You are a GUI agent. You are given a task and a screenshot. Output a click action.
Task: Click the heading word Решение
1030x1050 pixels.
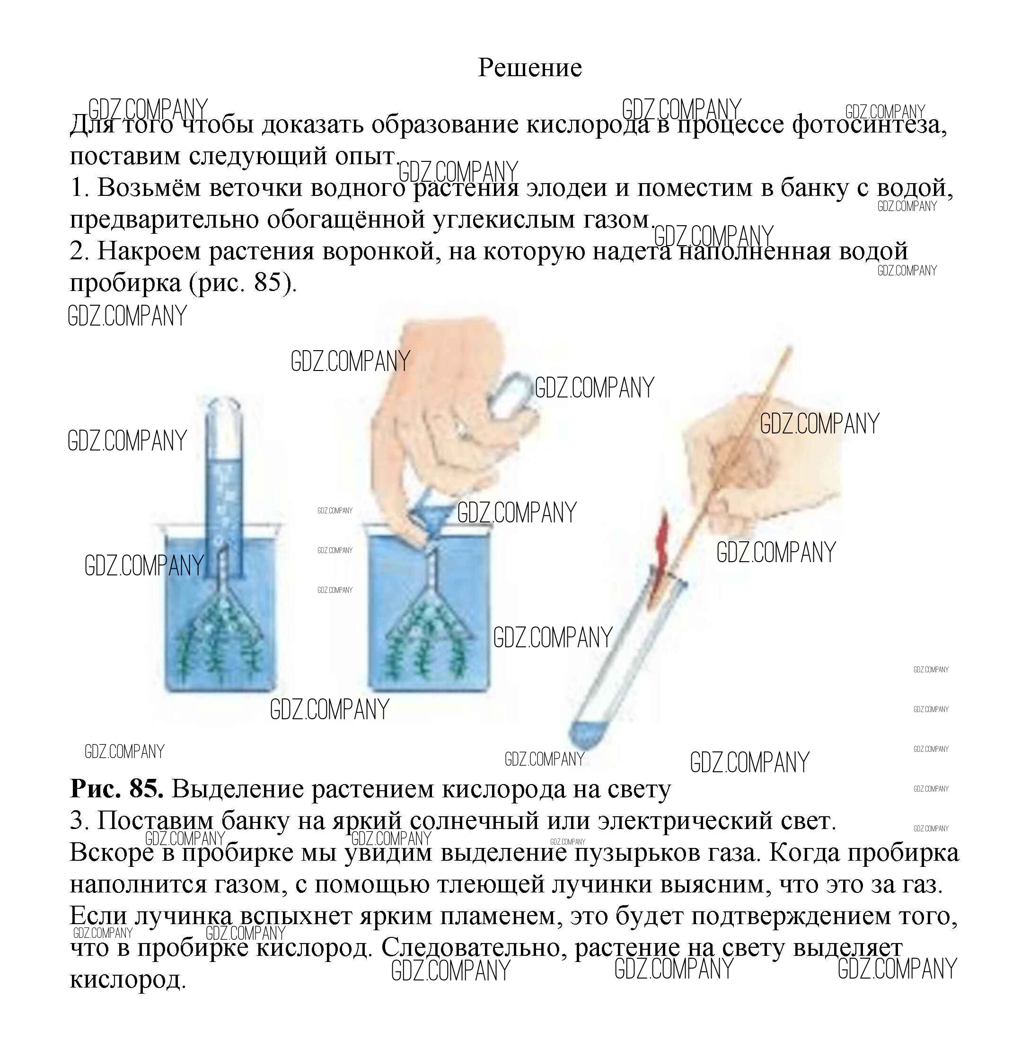tap(529, 68)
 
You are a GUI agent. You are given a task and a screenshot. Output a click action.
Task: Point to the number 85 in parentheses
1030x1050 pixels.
tap(267, 282)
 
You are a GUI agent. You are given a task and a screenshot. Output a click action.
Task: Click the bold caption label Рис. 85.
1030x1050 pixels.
tap(117, 789)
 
